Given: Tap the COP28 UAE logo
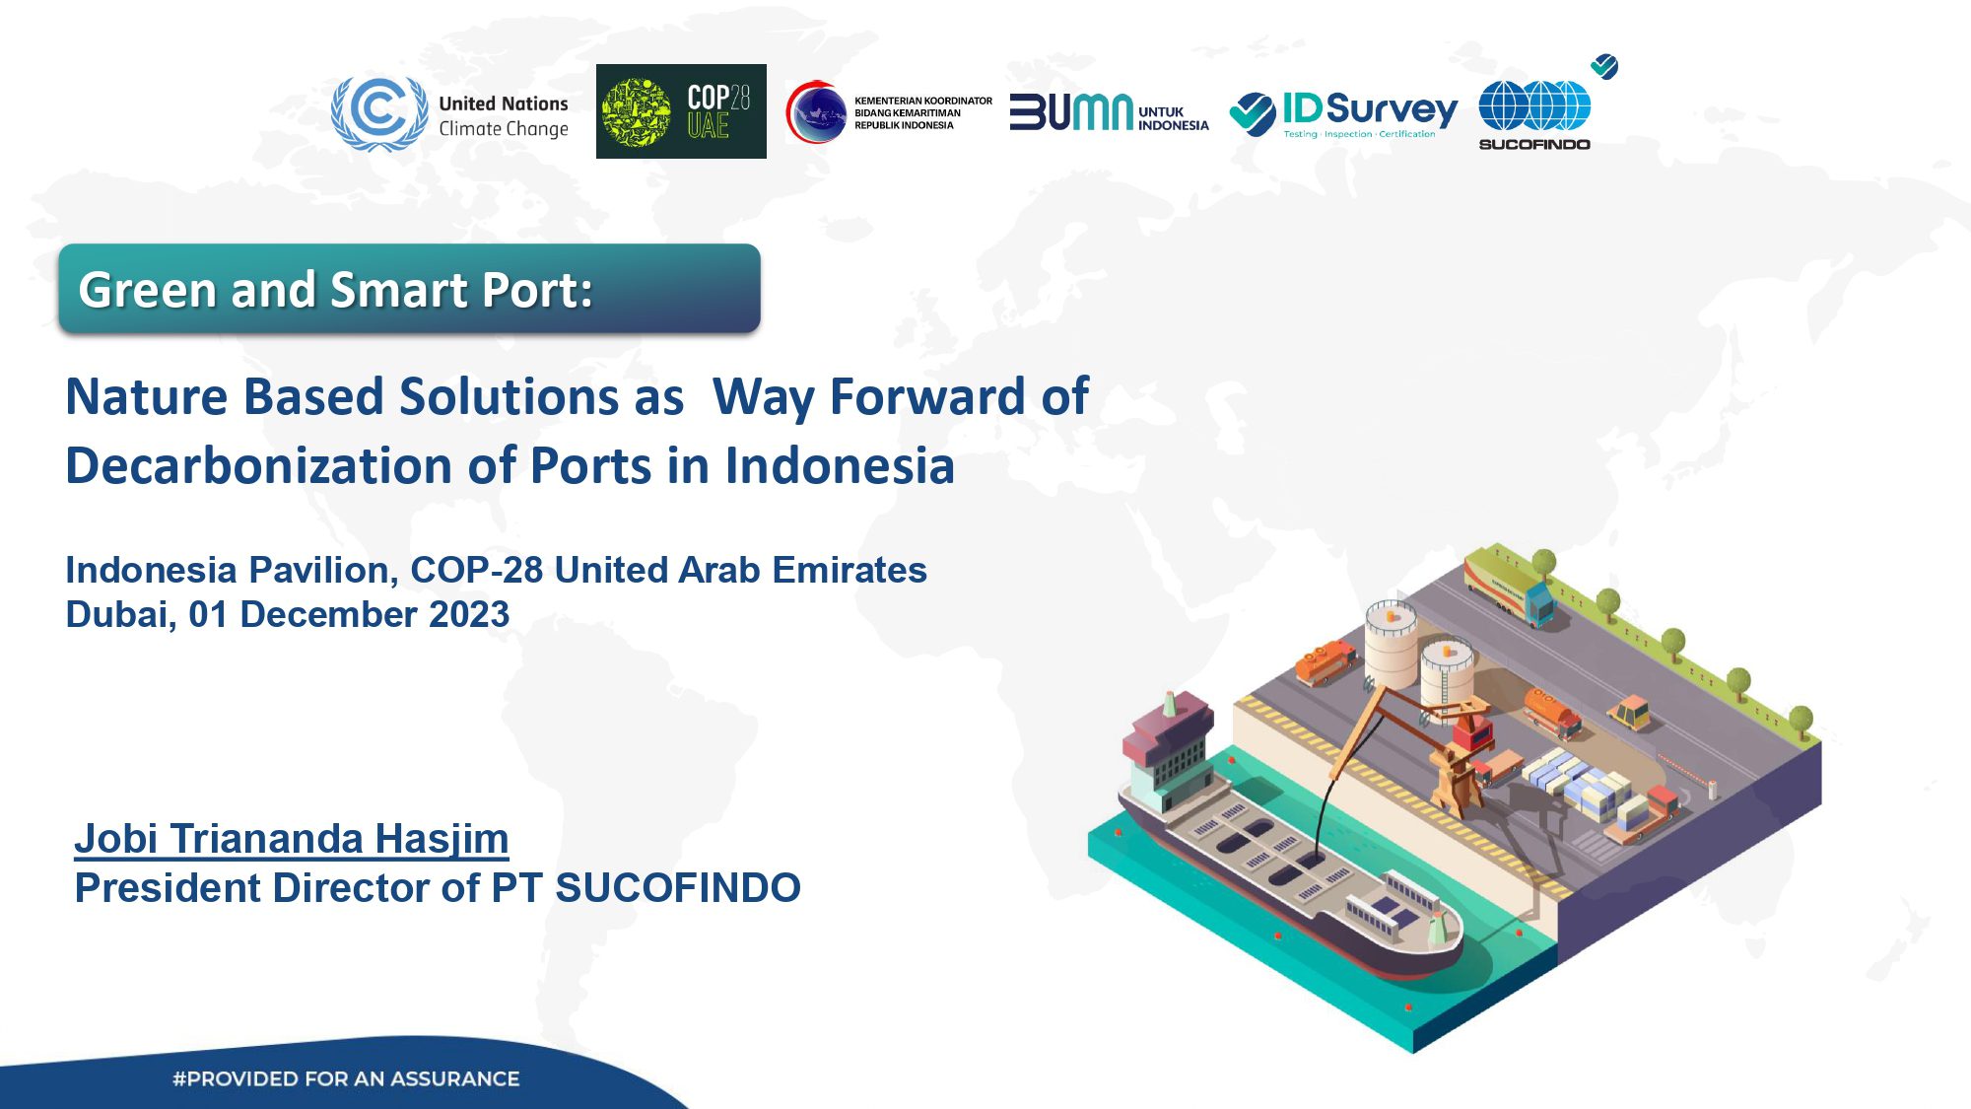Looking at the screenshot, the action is tap(681, 111).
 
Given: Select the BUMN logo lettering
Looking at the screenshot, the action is tap(1071, 112).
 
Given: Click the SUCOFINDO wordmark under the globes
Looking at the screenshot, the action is tap(1534, 144).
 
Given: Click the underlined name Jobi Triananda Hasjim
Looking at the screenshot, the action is tap(292, 839).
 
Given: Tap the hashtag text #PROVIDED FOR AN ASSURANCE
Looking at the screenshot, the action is tap(346, 1078).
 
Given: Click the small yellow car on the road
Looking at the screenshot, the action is tap(1631, 711).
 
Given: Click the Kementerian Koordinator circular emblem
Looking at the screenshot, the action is tap(816, 111).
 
